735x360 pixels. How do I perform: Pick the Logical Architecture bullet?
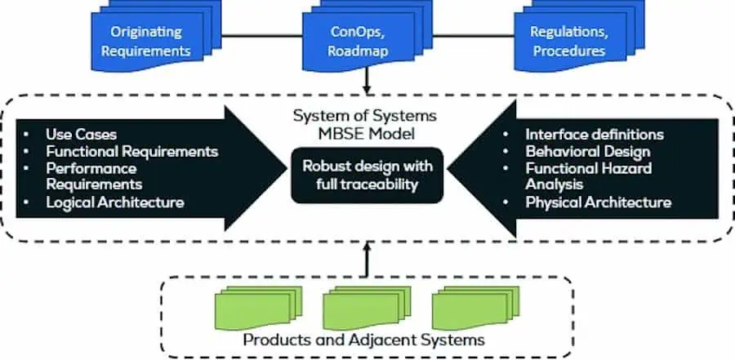pos(114,202)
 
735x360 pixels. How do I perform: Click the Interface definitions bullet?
pos(595,134)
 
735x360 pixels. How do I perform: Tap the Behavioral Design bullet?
pos(587,151)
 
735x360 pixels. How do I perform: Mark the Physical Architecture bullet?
pos(598,202)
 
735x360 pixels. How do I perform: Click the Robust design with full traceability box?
pos(367,176)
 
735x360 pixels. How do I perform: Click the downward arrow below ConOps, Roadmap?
pos(367,81)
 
